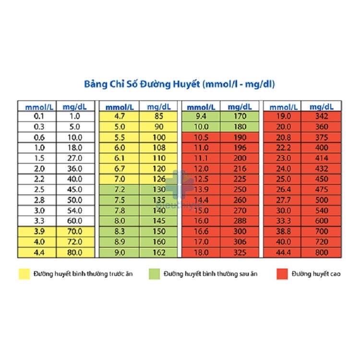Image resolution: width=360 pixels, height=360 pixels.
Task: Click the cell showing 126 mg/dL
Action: [x=158, y=179]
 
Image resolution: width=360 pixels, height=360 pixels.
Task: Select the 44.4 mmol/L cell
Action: [x=282, y=252]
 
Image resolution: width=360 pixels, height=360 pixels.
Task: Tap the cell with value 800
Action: [x=321, y=252]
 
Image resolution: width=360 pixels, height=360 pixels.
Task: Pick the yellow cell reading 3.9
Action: [x=37, y=231]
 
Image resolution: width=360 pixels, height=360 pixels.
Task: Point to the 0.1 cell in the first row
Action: [x=37, y=117]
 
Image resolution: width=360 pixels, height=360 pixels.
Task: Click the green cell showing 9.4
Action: [x=201, y=117]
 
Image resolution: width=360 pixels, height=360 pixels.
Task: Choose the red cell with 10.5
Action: [x=201, y=137]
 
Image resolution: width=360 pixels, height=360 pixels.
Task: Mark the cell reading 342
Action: [x=321, y=117]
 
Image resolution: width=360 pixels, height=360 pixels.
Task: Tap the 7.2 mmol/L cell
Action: [x=119, y=190]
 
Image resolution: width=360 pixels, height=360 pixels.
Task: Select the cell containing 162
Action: [x=158, y=252]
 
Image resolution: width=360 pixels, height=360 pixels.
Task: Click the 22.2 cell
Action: [x=282, y=148]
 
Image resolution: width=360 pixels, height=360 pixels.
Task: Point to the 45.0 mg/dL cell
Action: [x=75, y=190]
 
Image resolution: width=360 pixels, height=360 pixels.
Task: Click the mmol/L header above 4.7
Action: [x=120, y=107]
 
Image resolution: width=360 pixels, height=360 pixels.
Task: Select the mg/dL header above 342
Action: [x=322, y=107]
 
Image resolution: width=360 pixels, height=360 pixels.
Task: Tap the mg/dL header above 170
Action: [x=240, y=107]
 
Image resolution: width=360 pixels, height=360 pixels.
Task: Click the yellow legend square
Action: [x=24, y=274]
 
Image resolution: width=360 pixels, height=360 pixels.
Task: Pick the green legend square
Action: [x=154, y=274]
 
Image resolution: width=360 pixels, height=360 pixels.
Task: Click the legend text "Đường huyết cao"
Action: [x=316, y=274]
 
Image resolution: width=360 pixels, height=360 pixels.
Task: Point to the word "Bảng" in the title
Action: [x=96, y=84]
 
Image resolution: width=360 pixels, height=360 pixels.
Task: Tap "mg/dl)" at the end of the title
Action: [x=260, y=84]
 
